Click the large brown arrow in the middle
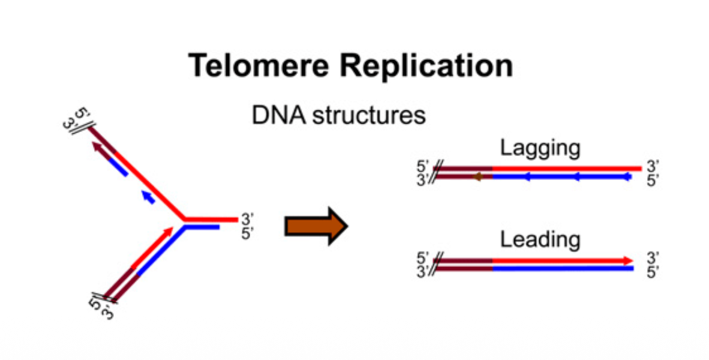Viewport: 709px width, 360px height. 316,227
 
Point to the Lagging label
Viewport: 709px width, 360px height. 540,148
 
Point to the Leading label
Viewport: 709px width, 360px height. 540,240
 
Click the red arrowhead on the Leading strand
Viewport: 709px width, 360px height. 628,260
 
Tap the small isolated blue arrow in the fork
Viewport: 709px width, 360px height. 147,196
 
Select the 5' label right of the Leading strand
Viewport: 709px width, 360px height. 653,272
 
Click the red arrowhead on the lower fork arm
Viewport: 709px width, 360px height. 169,229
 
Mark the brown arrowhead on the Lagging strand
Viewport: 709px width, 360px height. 477,177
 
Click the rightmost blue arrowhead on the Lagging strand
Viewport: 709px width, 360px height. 627,177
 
